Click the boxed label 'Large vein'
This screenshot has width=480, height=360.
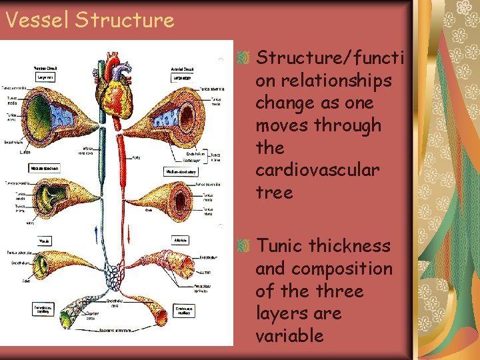click(44, 77)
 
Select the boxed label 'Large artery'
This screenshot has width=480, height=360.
click(181, 77)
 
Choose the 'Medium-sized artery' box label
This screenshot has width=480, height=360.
click(180, 171)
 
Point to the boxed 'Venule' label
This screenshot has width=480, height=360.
click(45, 239)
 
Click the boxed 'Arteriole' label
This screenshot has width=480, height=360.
click(181, 239)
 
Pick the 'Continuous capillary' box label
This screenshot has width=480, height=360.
click(182, 310)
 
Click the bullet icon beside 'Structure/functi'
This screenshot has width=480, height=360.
click(245, 58)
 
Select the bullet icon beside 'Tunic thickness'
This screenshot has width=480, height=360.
click(245, 246)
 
